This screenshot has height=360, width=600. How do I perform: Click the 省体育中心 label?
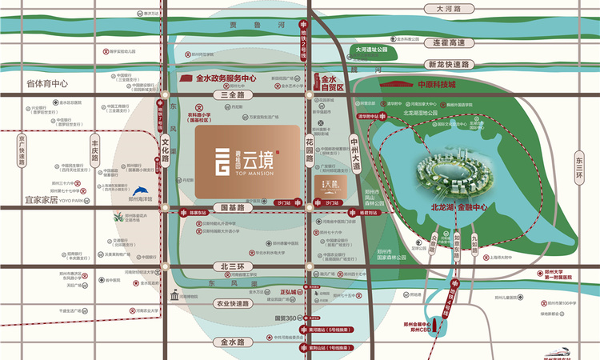click(x=47, y=83)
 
